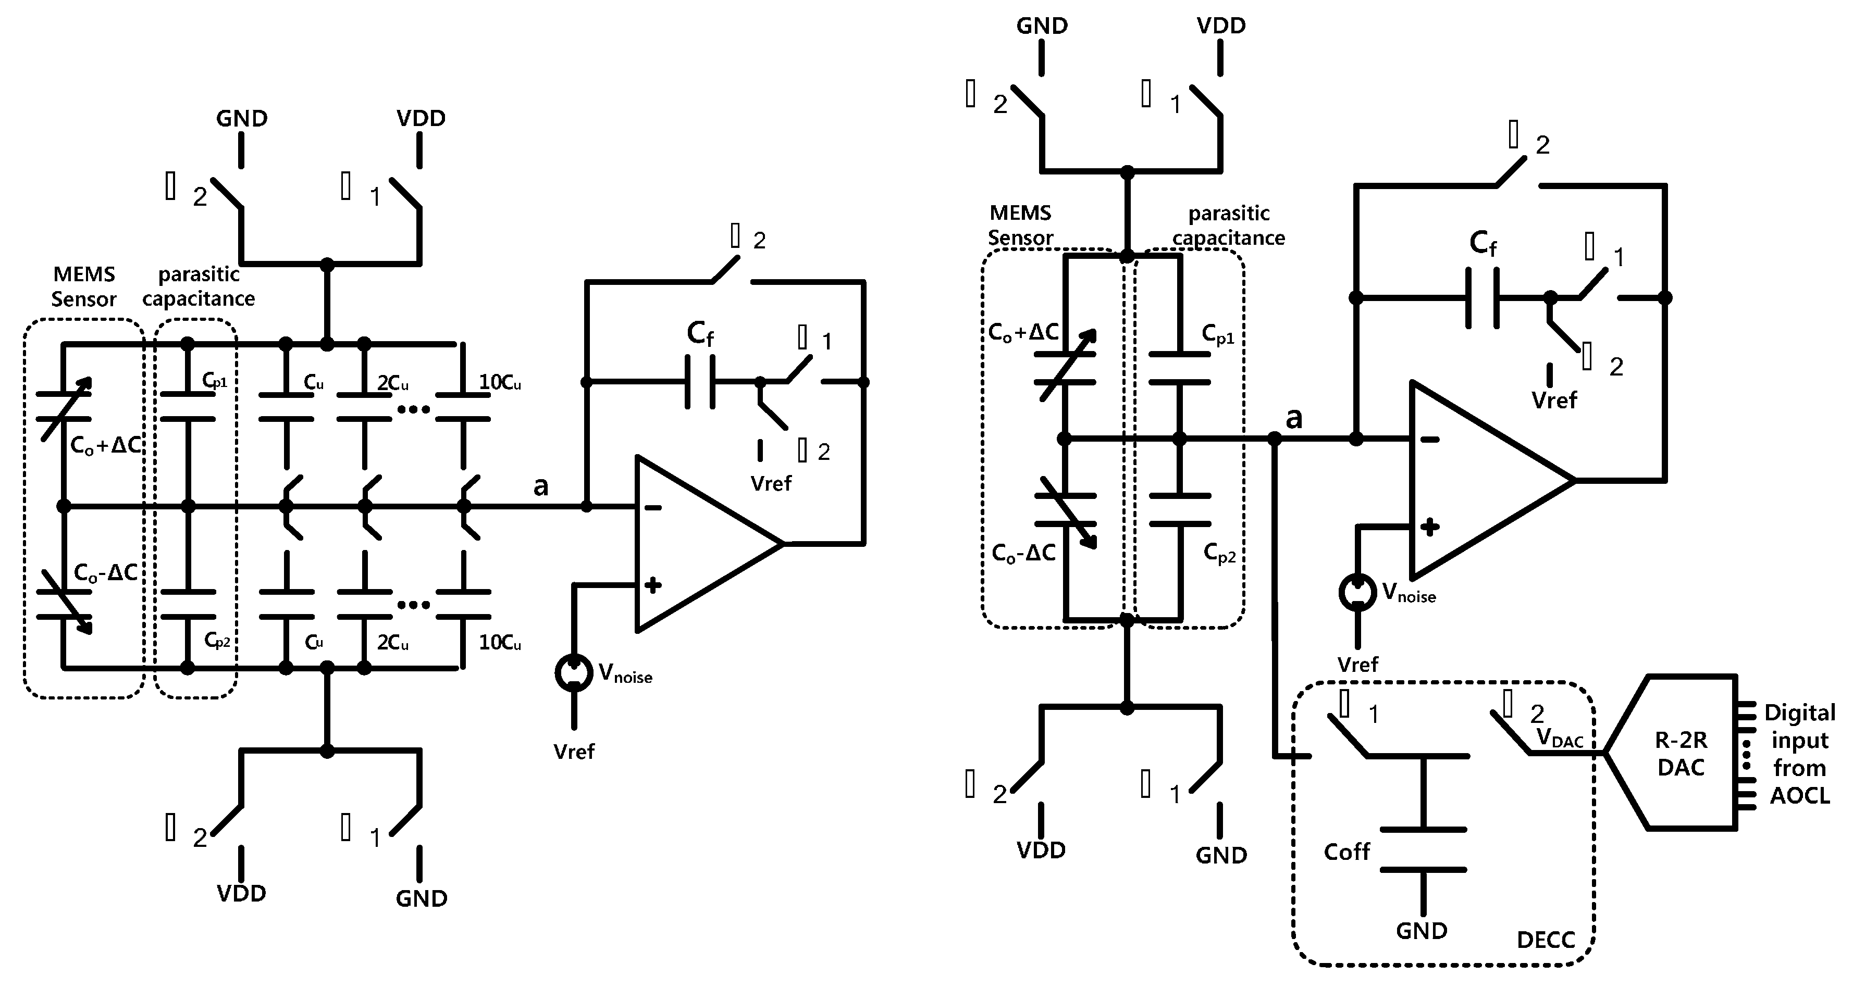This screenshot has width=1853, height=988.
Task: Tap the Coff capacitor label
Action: pyautogui.click(x=1346, y=852)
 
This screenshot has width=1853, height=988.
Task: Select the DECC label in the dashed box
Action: pyautogui.click(x=1545, y=940)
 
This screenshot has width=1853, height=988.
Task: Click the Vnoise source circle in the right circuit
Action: pyautogui.click(x=1357, y=592)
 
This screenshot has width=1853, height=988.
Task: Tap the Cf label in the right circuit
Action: pyautogui.click(x=1483, y=243)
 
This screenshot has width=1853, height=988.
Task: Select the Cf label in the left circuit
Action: pyautogui.click(x=700, y=333)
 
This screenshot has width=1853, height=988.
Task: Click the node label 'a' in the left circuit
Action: pyautogui.click(x=541, y=487)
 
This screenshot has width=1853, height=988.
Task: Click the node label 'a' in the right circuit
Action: pyautogui.click(x=1293, y=418)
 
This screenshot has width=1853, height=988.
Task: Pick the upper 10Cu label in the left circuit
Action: pyautogui.click(x=500, y=383)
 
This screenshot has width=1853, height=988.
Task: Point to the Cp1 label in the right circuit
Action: pyautogui.click(x=1218, y=334)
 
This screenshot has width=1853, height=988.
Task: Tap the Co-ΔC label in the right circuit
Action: pyautogui.click(x=1023, y=553)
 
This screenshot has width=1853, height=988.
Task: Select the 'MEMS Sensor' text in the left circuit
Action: pyautogui.click(x=83, y=286)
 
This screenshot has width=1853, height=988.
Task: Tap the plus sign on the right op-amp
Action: pyautogui.click(x=1430, y=527)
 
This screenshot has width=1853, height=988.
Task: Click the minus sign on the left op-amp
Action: pyautogui.click(x=652, y=508)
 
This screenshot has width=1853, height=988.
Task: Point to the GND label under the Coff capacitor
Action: pyautogui.click(x=1422, y=931)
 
